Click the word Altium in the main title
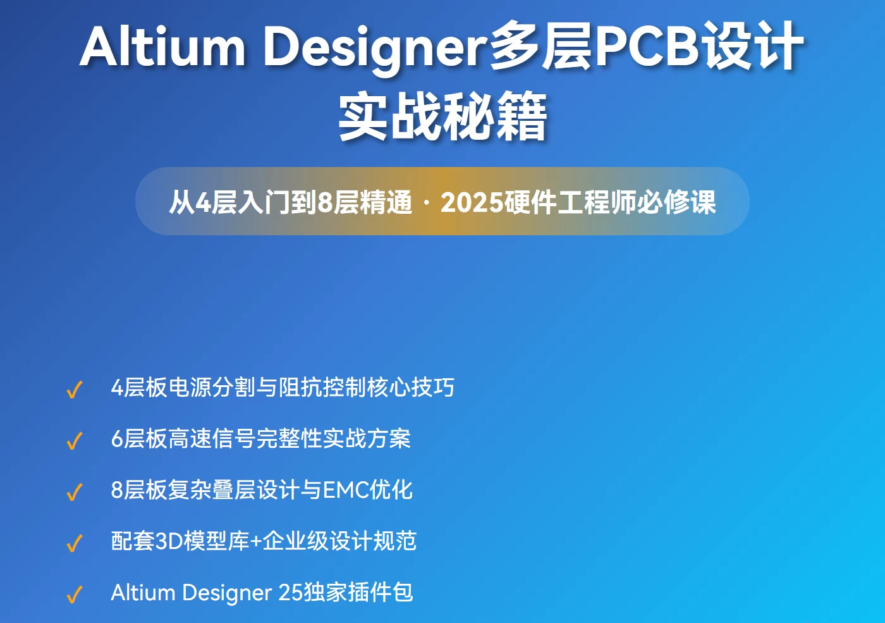[x=162, y=47]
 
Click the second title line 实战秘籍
[x=442, y=116]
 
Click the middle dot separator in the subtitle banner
[x=426, y=202]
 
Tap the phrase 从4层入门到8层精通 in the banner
[x=290, y=202]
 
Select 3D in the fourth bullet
[x=169, y=541]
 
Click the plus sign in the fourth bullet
[x=256, y=541]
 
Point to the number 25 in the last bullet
[x=291, y=593]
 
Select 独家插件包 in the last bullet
[x=358, y=593]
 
